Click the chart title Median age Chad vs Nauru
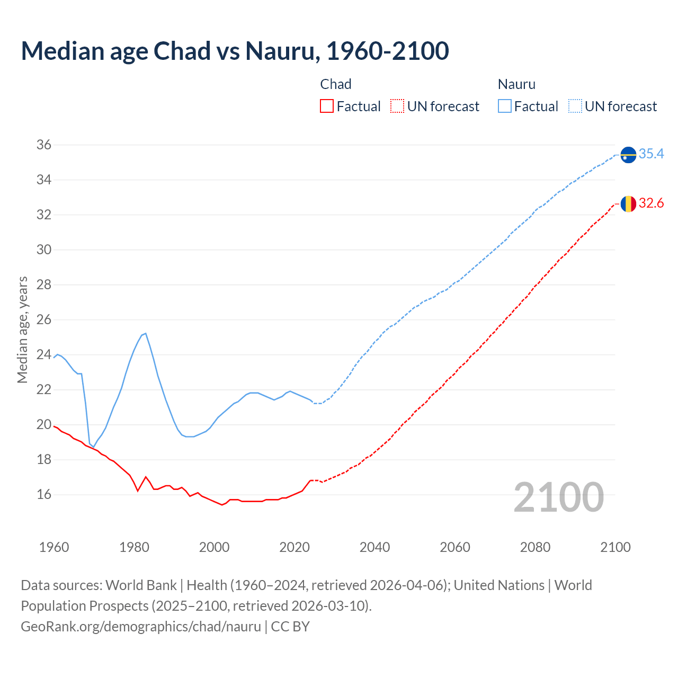coord(235,51)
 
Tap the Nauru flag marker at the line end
coord(628,155)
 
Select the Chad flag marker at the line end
coord(628,203)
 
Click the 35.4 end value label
coord(651,154)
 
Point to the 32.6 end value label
coord(651,203)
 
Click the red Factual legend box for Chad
coord(327,106)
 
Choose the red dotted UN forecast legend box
coord(397,106)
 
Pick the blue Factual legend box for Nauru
coord(505,106)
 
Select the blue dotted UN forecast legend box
coord(575,106)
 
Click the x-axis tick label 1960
coord(54,547)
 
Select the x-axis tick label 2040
coord(374,547)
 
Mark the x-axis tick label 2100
coord(615,547)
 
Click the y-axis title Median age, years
coord(22,329)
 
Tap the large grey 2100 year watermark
coord(558,497)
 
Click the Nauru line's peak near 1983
coord(145,334)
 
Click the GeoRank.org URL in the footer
coord(141,626)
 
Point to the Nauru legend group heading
coord(516,84)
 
